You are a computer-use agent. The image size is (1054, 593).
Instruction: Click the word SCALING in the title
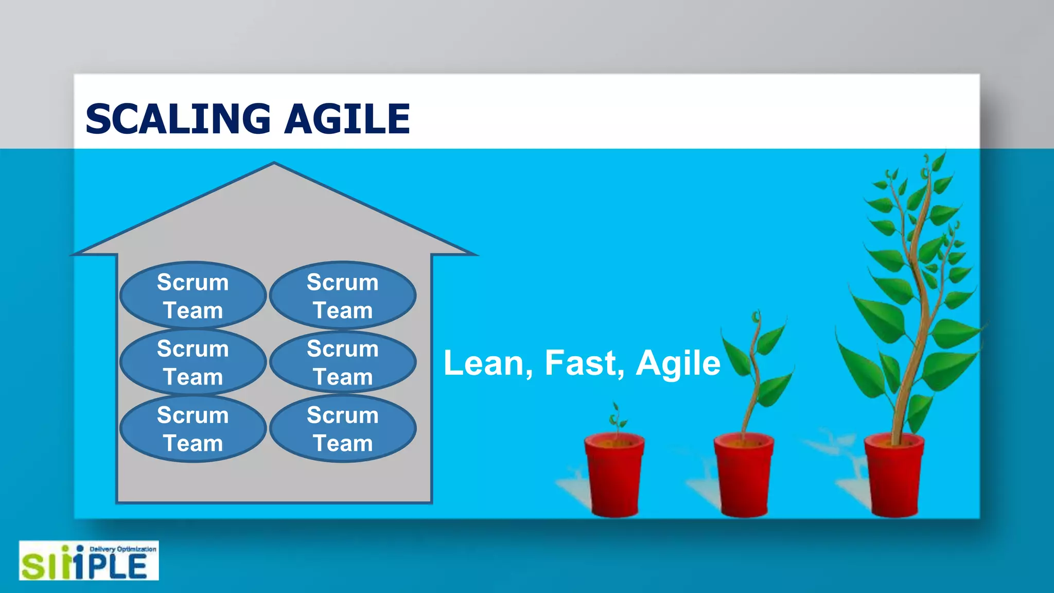(x=178, y=119)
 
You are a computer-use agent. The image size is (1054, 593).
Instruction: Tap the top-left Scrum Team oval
(x=193, y=296)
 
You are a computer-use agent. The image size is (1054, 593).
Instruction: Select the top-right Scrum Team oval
(x=343, y=296)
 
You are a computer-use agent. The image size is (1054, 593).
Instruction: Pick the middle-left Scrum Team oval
(x=193, y=362)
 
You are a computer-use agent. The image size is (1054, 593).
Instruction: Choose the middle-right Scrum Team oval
(x=343, y=362)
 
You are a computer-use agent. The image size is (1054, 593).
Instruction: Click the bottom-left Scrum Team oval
(x=193, y=429)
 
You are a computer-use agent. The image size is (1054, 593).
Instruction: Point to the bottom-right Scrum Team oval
(x=343, y=429)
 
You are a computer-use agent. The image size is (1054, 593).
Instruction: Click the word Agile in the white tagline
(x=678, y=363)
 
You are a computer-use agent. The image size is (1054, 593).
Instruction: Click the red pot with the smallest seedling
(x=614, y=476)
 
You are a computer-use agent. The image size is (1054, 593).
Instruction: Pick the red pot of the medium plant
(x=744, y=476)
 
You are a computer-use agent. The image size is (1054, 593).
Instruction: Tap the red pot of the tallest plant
(x=894, y=476)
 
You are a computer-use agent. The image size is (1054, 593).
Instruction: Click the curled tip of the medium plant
(x=756, y=316)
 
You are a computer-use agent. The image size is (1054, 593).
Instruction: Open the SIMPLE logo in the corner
(x=89, y=561)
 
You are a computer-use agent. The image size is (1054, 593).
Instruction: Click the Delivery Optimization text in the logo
(x=122, y=549)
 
